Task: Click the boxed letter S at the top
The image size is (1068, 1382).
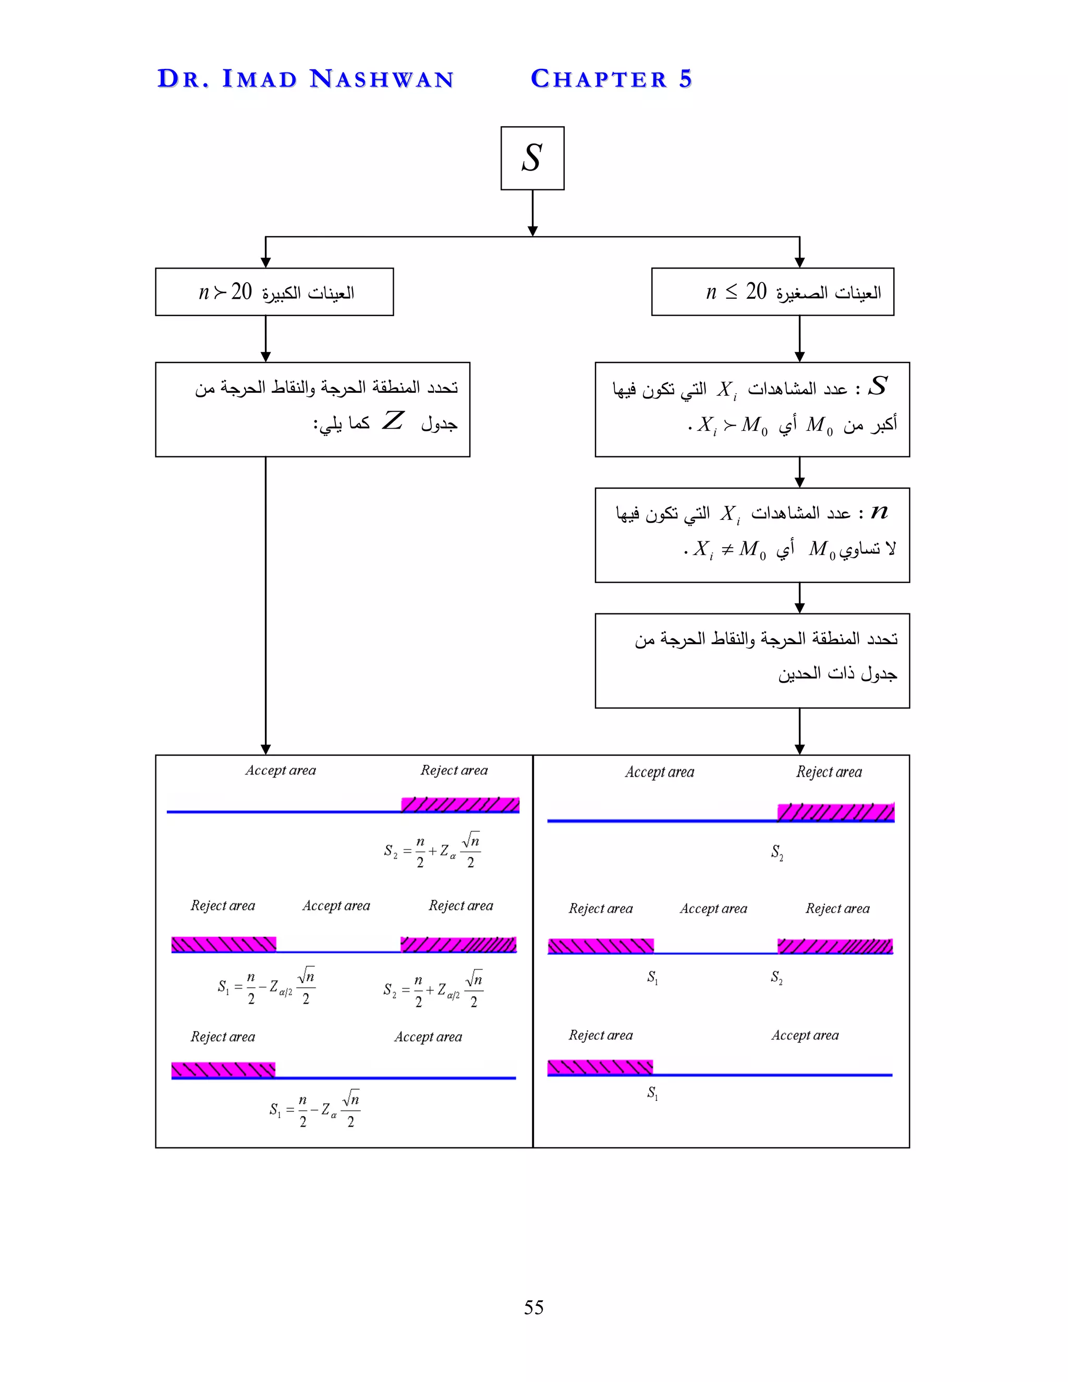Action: (x=532, y=158)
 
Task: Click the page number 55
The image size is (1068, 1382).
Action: (x=533, y=1307)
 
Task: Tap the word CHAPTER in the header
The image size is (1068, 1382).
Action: (x=599, y=79)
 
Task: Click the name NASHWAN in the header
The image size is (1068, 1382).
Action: (x=382, y=79)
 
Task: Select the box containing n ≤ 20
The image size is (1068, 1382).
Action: (x=772, y=292)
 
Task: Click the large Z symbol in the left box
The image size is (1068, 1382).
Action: (x=392, y=421)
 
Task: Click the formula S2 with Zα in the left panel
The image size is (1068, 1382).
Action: (x=432, y=851)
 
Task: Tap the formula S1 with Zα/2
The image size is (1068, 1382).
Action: (x=266, y=986)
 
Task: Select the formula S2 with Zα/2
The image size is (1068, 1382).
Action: (x=433, y=988)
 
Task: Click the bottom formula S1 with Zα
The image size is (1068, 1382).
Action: (x=315, y=1109)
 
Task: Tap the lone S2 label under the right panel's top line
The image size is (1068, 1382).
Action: (x=777, y=852)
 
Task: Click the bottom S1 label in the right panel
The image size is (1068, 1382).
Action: (x=652, y=1093)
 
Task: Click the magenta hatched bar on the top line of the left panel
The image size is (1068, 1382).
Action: (x=460, y=804)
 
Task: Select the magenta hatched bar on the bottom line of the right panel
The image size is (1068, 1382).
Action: (x=600, y=1067)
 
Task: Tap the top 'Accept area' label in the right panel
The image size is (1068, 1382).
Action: (x=659, y=772)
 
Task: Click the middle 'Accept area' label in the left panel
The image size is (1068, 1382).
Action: (x=336, y=905)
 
